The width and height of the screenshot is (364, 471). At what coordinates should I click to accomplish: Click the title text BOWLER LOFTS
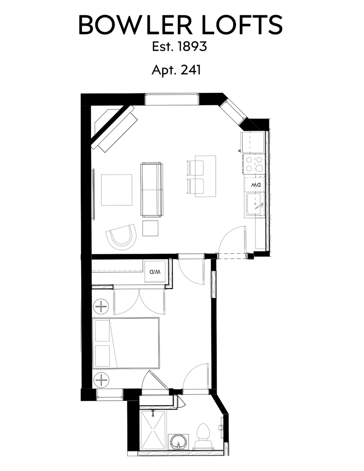click(x=180, y=25)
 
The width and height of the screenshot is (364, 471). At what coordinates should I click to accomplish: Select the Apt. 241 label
click(x=176, y=70)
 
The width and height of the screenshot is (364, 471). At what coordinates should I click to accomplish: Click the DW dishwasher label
click(x=255, y=185)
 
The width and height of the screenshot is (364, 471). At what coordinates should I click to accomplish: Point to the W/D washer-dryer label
click(x=155, y=272)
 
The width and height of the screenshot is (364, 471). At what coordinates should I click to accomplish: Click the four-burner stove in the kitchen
click(x=254, y=164)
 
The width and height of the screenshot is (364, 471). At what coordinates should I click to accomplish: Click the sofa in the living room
click(x=152, y=190)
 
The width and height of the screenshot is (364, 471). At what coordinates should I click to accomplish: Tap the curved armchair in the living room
click(x=121, y=236)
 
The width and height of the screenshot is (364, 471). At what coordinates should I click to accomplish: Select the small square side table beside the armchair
click(x=150, y=228)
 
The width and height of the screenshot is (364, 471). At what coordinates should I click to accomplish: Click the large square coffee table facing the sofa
click(x=116, y=190)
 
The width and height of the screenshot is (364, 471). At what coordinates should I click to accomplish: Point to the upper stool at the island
click(x=195, y=167)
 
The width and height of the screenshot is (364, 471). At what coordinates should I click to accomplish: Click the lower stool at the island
click(x=195, y=186)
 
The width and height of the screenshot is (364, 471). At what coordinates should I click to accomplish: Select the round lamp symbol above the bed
click(x=102, y=306)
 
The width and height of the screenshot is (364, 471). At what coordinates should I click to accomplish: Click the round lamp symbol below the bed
click(x=102, y=380)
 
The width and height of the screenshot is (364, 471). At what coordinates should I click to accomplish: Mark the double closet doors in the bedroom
click(x=139, y=301)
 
